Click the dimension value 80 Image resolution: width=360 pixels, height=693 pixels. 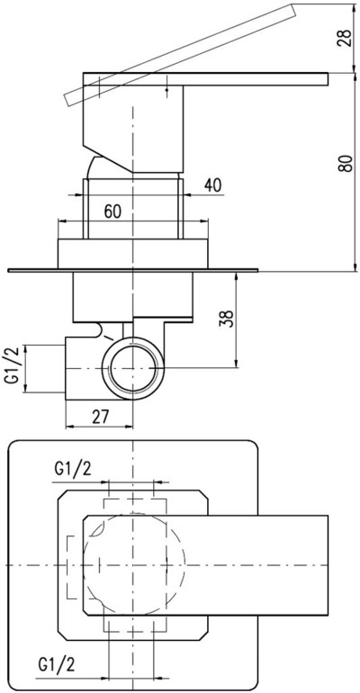[x=346, y=163]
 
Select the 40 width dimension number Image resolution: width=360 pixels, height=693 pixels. [x=213, y=186]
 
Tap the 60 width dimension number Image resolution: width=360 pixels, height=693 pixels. [x=112, y=211]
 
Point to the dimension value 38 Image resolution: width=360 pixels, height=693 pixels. [x=227, y=319]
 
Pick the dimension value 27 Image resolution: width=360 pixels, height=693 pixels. [x=100, y=417]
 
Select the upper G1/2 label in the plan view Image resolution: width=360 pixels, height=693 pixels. [x=73, y=469]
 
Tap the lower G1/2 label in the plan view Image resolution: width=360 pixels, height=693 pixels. [x=58, y=664]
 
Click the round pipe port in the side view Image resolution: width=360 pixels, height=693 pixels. [x=133, y=368]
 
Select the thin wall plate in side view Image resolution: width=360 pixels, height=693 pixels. [x=132, y=270]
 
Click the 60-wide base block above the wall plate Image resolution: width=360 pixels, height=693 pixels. [x=133, y=253]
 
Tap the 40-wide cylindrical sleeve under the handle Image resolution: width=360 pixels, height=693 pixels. [x=133, y=209]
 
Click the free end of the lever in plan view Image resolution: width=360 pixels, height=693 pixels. [x=328, y=565]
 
